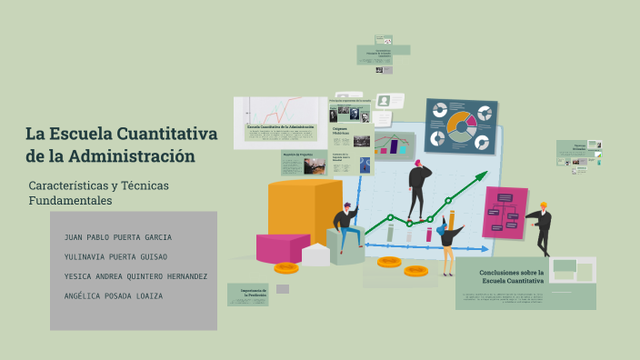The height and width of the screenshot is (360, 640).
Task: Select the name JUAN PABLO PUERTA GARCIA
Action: coord(118,237)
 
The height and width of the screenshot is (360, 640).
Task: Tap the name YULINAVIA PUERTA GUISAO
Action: coord(115,257)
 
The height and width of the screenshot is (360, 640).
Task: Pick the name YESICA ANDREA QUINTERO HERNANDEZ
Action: coord(135,276)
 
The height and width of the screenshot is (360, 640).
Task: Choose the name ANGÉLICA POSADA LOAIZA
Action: coord(114,296)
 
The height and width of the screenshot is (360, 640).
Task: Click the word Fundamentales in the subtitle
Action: coord(70,201)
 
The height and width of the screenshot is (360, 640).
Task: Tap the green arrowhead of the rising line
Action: coord(481,175)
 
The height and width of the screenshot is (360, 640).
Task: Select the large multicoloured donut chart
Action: coord(461,127)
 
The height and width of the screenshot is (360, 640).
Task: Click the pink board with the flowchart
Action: coord(505,212)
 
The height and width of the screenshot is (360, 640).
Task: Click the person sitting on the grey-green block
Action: coord(347,228)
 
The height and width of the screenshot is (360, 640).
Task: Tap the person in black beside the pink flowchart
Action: coord(543,227)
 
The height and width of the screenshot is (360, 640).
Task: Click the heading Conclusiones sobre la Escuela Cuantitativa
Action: coord(512,276)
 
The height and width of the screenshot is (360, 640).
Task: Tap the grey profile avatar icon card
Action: coord(384,100)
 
